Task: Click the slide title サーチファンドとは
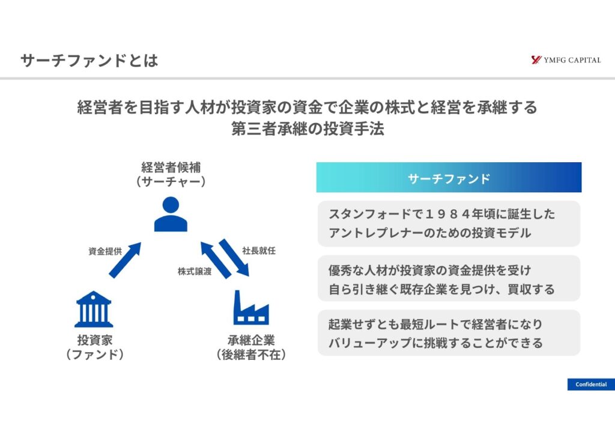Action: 89,61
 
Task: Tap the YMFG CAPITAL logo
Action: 566,60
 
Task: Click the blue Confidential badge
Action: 590,385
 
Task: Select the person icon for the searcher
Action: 171,214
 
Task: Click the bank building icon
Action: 94,309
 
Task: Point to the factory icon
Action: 250,307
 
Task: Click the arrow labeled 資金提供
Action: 125,260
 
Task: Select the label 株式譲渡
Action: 194,271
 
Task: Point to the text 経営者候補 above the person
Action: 171,166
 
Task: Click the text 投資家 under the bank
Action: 94,340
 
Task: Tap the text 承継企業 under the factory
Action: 251,340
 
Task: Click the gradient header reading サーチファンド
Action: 449,178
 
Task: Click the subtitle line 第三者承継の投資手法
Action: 307,129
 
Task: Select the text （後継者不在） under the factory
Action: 251,355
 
